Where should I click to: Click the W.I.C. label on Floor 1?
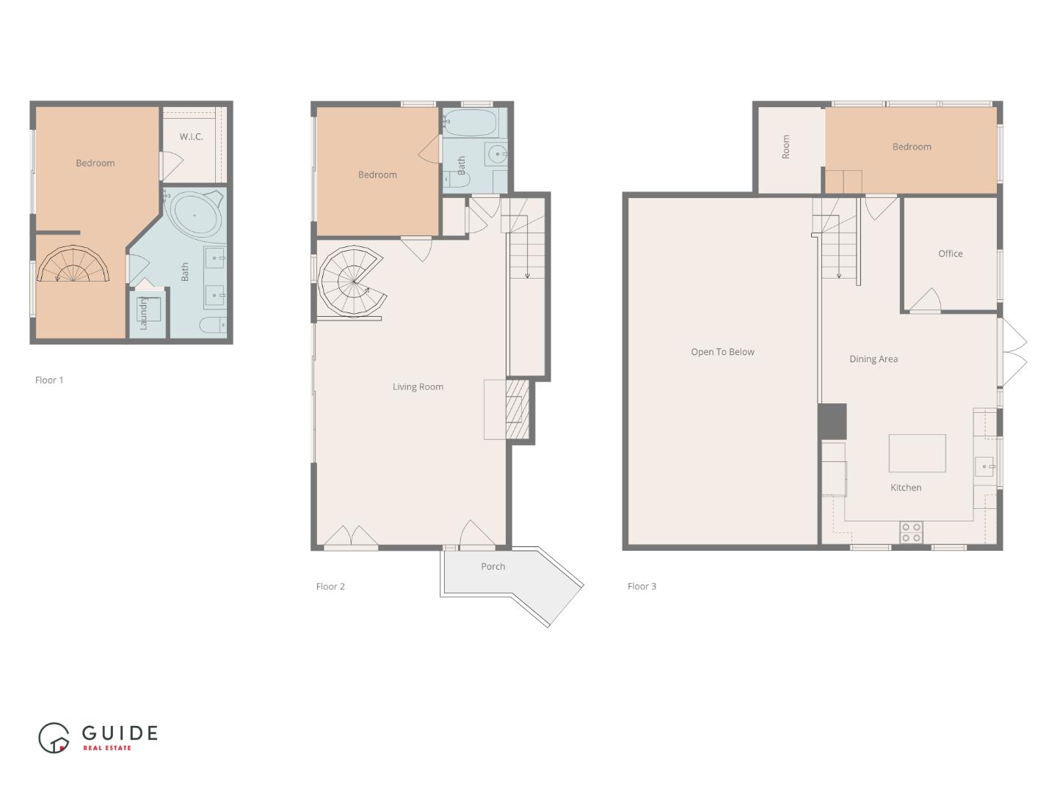[x=191, y=137]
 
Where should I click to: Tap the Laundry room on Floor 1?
[x=148, y=313]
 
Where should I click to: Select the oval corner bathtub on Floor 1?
[x=195, y=215]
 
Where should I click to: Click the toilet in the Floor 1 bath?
[x=214, y=325]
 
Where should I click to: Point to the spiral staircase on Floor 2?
[x=353, y=282]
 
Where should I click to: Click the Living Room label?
[x=418, y=387]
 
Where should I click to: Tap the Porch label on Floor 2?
[x=493, y=567]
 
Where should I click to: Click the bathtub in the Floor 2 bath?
[x=470, y=122]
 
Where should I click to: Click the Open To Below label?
[x=722, y=352]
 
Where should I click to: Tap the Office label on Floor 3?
[x=950, y=254]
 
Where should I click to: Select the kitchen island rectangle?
[x=917, y=453]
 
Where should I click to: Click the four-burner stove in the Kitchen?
[x=911, y=532]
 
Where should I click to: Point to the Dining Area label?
[x=873, y=359]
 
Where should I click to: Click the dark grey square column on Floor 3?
[x=832, y=422]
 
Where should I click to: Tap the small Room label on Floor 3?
[x=786, y=147]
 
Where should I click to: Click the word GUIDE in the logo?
[x=120, y=733]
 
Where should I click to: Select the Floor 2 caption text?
[x=330, y=587]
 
